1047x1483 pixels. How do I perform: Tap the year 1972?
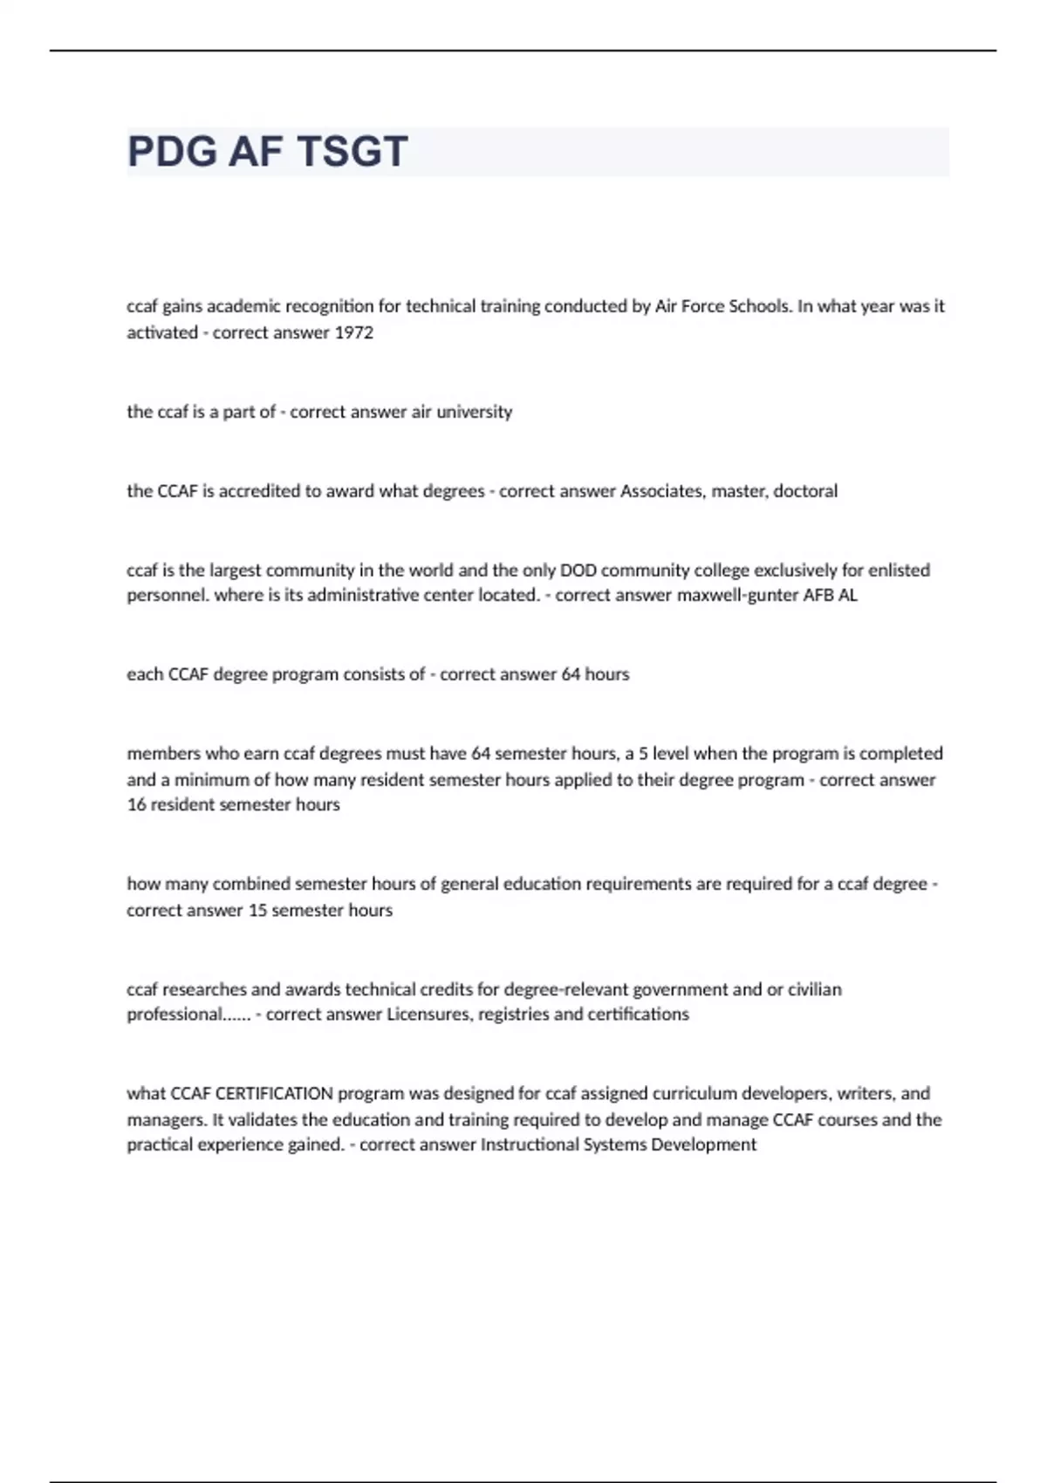click(354, 332)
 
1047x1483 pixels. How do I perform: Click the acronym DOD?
click(578, 571)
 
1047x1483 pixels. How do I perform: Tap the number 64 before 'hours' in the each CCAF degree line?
click(571, 674)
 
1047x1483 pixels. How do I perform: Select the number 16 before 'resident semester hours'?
click(136, 805)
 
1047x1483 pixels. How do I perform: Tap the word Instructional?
click(530, 1145)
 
